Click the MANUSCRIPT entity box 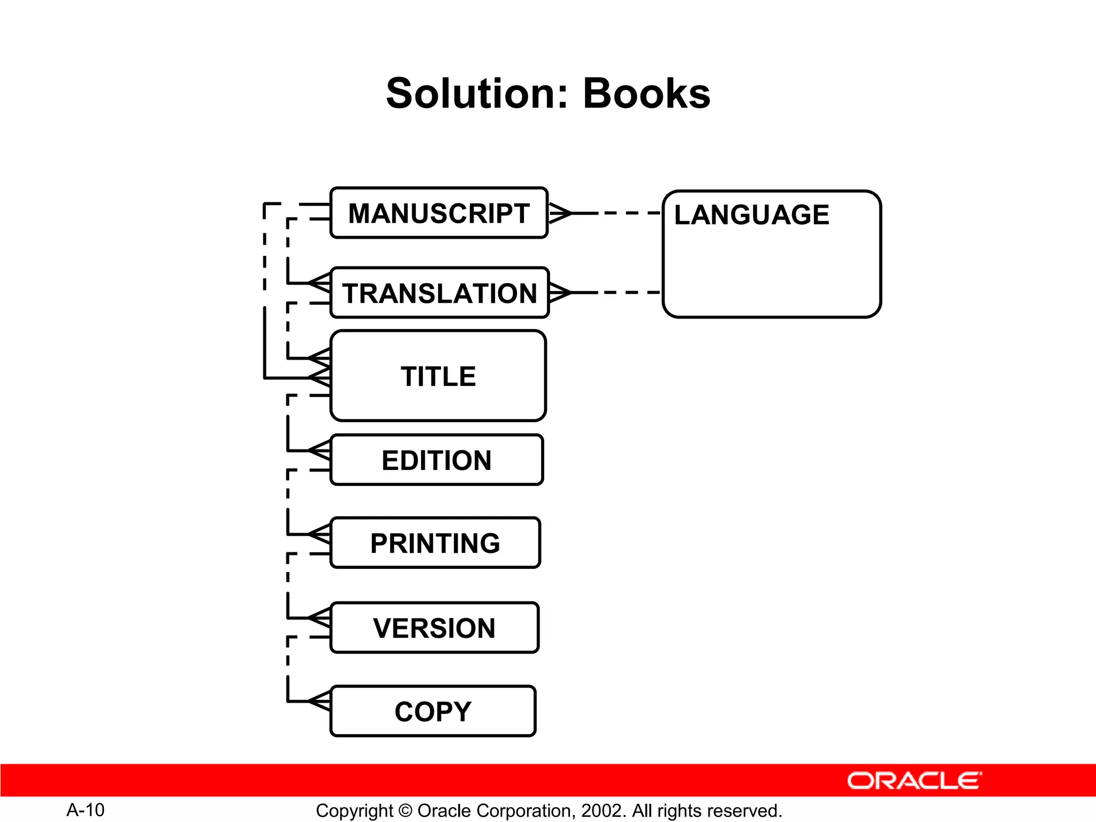coord(439,213)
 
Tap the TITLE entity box coord(438,376)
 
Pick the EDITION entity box coord(437,460)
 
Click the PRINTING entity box coord(435,543)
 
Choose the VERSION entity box coord(434,628)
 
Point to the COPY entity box coord(433,711)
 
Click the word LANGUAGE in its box coord(751,215)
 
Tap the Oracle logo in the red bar coord(914,781)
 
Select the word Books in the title coord(646,94)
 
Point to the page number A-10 coord(86,810)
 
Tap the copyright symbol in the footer coord(405,811)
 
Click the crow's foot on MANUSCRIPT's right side coord(560,213)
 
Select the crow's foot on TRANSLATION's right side coord(560,293)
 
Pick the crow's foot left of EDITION coord(320,451)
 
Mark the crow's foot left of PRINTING coord(320,534)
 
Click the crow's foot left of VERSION coord(320,618)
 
